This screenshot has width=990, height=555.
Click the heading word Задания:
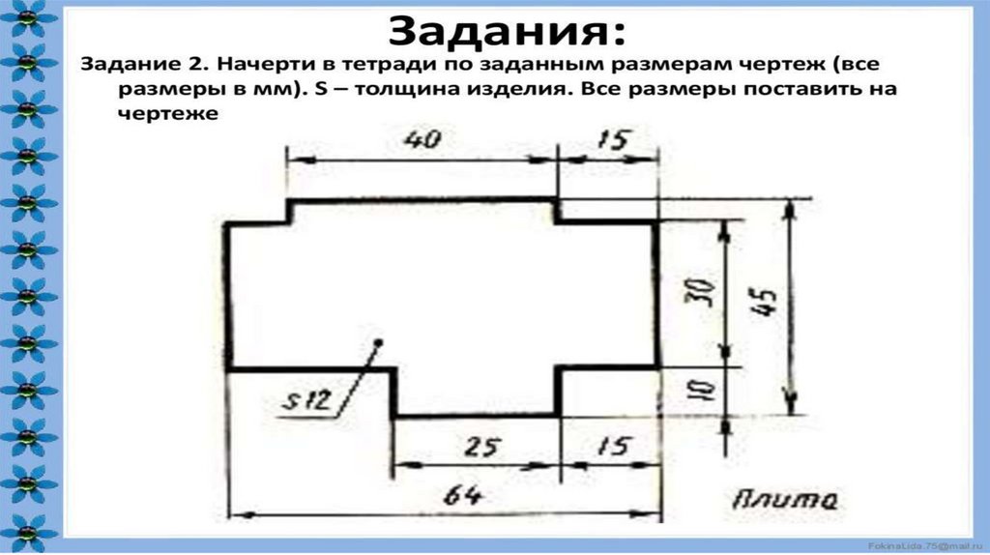pos(506,32)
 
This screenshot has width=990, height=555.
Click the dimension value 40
pos(422,139)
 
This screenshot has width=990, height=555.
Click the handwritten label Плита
pos(784,500)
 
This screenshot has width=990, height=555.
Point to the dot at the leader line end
pos(379,341)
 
